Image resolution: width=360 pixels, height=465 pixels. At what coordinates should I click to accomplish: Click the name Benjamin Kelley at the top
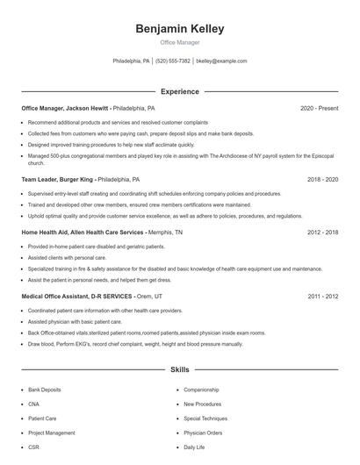[x=179, y=29]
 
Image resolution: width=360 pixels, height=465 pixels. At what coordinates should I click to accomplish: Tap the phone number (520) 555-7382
[x=172, y=61]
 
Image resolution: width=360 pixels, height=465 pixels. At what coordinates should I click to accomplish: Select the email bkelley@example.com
[x=221, y=61]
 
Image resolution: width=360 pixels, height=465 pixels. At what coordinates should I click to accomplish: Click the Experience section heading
[x=179, y=91]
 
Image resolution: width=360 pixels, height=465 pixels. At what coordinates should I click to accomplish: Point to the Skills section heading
[x=179, y=370]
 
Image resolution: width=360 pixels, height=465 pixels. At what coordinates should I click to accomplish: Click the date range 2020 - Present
[x=319, y=108]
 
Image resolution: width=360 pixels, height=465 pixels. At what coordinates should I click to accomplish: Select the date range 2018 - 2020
[x=322, y=179]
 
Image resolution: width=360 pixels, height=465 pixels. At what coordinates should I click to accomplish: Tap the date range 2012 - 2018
[x=322, y=232]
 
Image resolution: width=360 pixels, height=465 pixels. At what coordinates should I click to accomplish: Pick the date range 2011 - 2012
[x=322, y=297]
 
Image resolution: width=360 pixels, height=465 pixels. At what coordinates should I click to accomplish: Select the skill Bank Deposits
[x=45, y=390]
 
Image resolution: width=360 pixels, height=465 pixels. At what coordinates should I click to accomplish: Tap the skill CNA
[x=34, y=404]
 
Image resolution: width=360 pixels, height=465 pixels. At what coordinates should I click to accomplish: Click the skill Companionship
[x=201, y=390]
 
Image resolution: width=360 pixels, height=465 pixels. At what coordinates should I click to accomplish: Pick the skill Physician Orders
[x=203, y=433]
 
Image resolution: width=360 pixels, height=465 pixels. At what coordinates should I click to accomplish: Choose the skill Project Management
[x=52, y=433]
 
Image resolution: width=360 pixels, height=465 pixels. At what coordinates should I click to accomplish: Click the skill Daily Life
[x=194, y=447]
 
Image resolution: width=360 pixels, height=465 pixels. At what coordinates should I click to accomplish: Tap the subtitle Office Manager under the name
[x=179, y=42]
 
